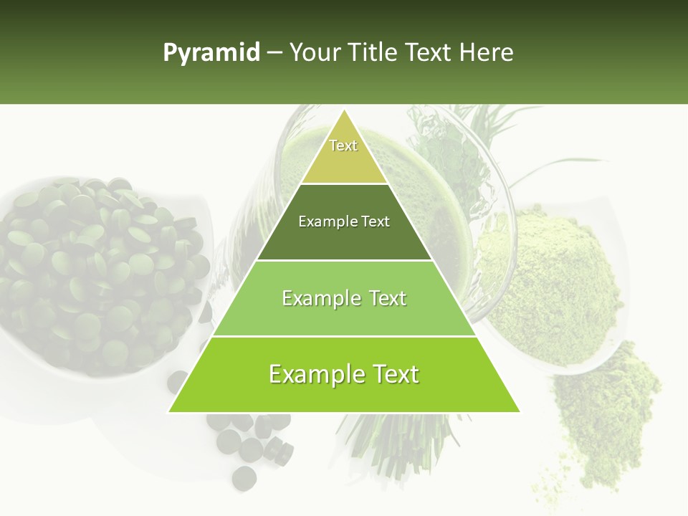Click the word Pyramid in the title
point(211,53)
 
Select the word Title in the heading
point(373,52)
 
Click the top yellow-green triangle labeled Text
point(344,154)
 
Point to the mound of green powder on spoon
point(548,287)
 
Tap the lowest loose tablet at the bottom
point(244,477)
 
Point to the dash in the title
point(274,52)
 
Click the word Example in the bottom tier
point(310,374)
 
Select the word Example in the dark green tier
point(323,221)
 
